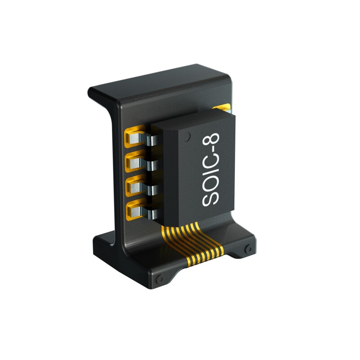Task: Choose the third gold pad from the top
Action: (134, 186)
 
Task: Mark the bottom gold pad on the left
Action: (134, 210)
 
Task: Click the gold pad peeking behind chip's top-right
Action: (223, 108)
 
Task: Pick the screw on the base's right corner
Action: (248, 249)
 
